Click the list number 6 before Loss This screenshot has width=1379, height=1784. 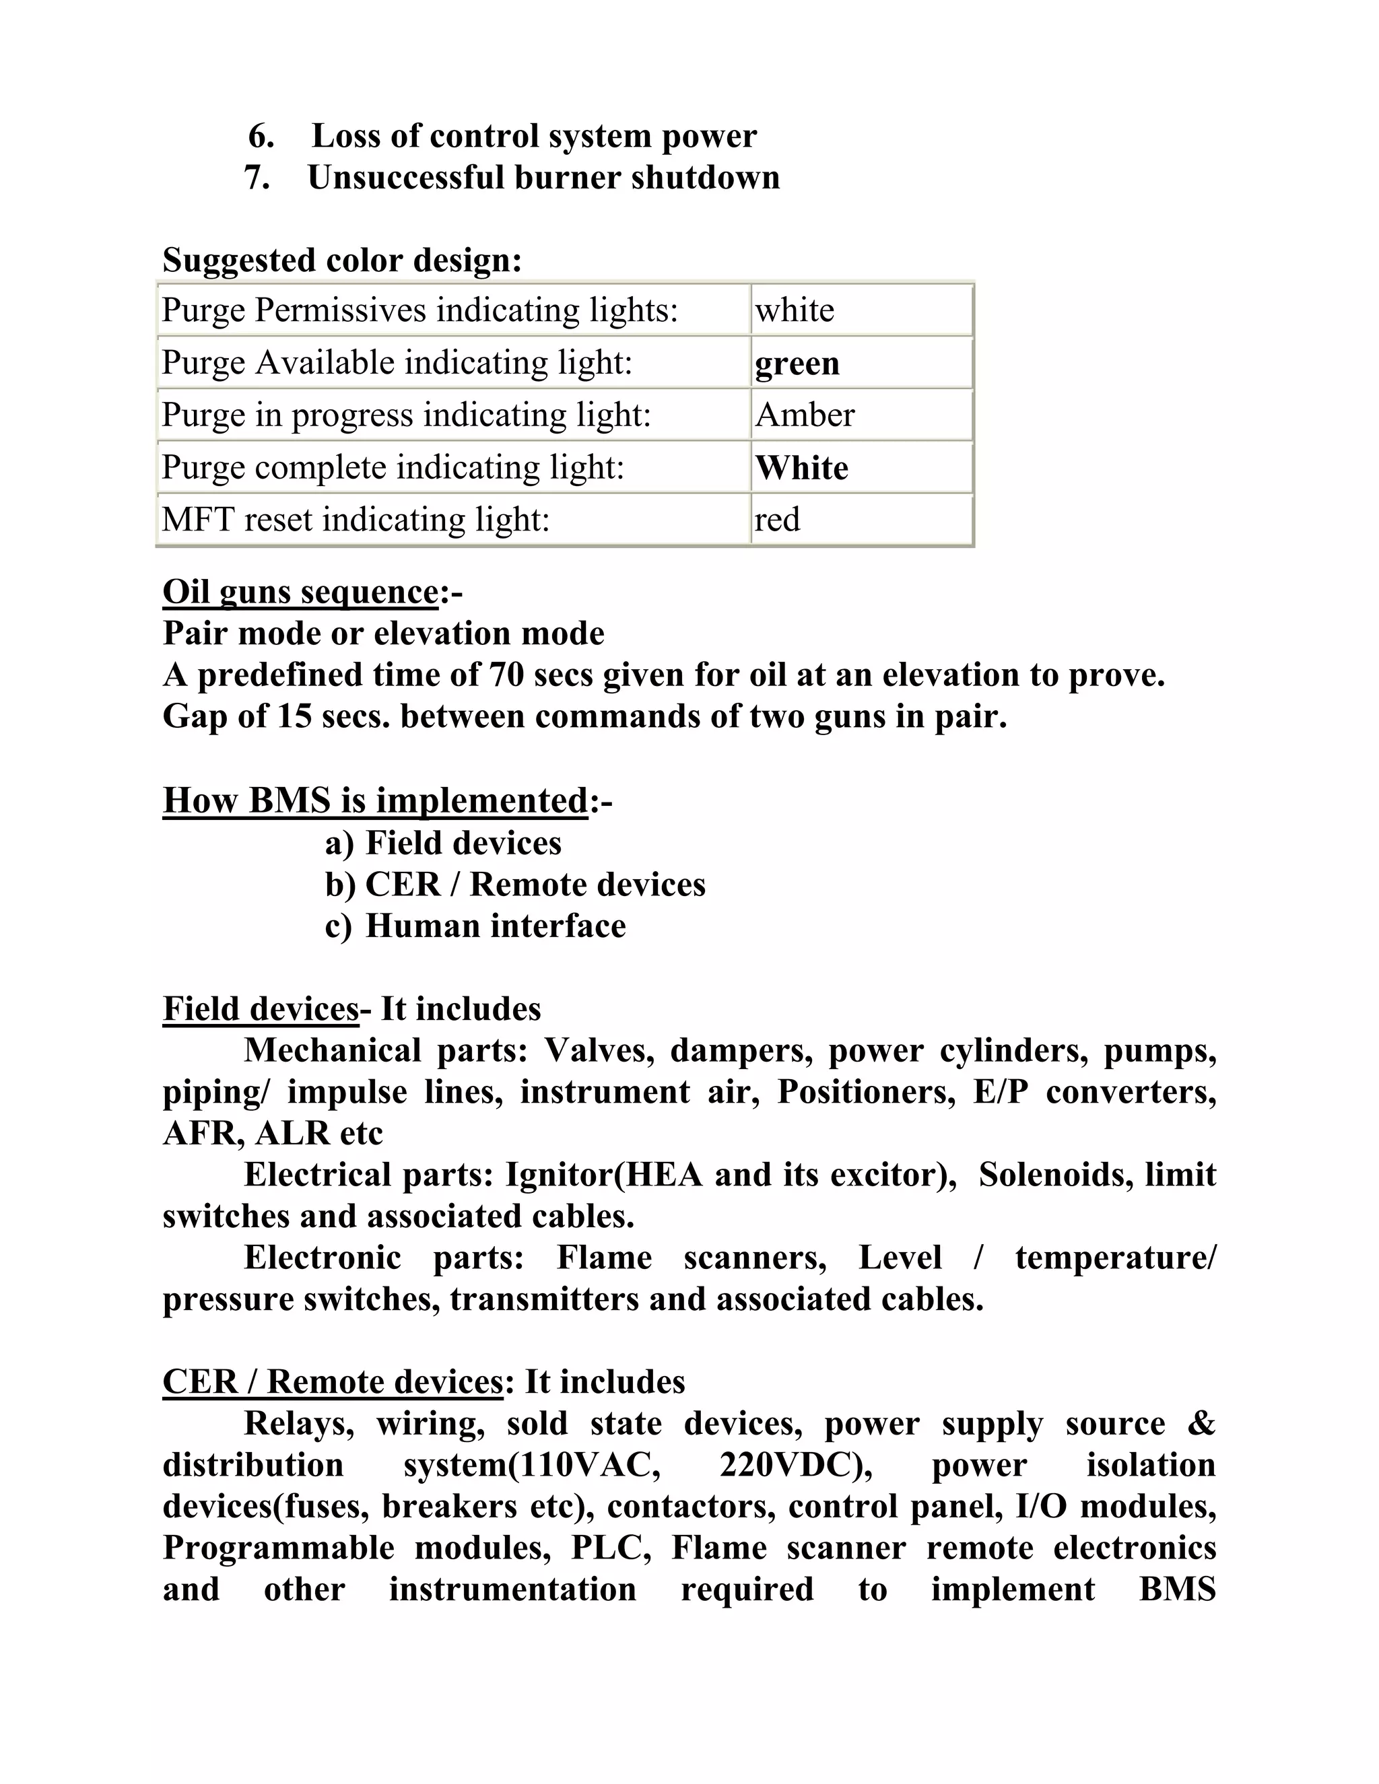pos(261,137)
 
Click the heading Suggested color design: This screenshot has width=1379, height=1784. pos(341,261)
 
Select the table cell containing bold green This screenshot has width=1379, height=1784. pos(861,363)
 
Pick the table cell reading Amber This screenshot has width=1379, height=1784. pos(861,415)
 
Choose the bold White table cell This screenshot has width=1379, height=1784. pos(861,467)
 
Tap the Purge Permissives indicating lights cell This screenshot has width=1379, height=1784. pos(453,310)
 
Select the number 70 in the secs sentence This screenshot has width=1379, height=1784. pos(506,675)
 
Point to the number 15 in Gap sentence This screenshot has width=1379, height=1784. pos(294,716)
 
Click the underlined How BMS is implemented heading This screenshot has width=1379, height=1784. pos(375,800)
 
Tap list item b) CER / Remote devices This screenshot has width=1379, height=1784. pos(514,885)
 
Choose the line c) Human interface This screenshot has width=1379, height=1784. pos(475,926)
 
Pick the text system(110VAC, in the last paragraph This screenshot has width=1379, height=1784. pos(532,1465)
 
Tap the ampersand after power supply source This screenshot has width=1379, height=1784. pos(1200,1424)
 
